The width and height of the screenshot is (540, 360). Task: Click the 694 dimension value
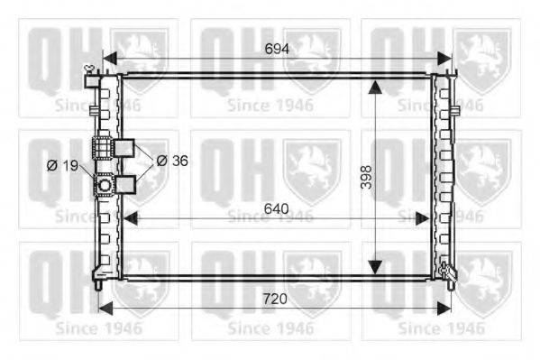point(277,49)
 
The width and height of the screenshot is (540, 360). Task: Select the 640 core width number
point(276,208)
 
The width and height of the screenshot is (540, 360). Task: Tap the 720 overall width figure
point(275,299)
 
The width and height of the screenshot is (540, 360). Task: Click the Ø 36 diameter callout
point(172,161)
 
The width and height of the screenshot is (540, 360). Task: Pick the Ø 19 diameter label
point(63,166)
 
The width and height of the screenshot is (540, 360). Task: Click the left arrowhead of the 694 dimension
point(110,59)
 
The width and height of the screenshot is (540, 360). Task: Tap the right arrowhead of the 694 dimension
point(444,59)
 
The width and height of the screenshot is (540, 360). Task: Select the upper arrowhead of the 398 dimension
point(375,88)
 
